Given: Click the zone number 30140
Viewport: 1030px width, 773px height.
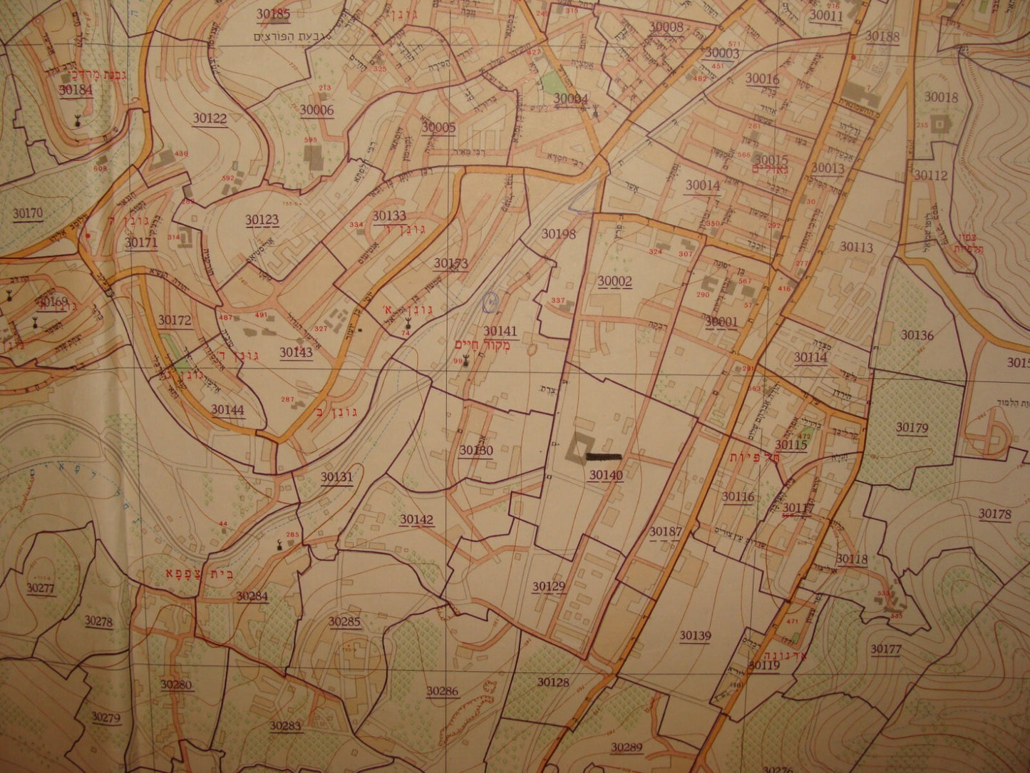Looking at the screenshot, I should (606, 476).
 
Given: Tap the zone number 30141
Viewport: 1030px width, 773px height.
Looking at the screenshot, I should (500, 331).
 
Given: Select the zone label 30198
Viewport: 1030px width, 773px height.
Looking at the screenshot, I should (557, 233).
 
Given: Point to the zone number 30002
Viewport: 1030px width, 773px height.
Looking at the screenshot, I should (614, 281).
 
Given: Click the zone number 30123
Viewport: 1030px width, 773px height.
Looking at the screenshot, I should (262, 220).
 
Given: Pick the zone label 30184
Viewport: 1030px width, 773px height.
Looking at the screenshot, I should (76, 90).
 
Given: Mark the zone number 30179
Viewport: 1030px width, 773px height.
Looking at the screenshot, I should (912, 428).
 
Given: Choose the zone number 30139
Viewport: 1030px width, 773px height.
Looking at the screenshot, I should (695, 635).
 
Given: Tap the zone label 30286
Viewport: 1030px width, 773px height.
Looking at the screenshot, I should (443, 690).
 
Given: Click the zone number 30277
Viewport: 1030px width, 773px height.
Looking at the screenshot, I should (41, 588).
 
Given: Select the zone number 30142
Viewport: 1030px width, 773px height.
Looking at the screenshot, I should (416, 520).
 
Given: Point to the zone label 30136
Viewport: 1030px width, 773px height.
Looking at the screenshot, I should (917, 334).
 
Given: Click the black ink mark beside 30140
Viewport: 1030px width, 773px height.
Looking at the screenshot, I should (603, 455).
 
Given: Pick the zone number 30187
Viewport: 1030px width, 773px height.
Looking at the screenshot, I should (665, 531).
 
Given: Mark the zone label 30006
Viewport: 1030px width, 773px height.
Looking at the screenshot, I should (316, 110).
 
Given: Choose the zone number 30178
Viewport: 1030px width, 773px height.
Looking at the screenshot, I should (994, 513).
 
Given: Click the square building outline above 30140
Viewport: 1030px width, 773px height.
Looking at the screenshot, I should (577, 448).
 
